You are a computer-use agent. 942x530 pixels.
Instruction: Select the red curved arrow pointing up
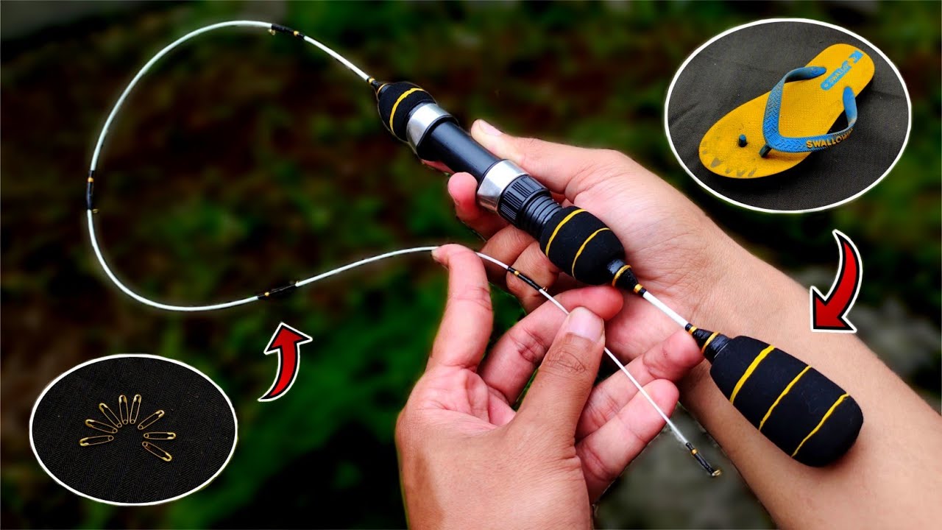click(285, 361)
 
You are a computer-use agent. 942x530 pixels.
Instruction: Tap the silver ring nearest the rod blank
click(428, 121)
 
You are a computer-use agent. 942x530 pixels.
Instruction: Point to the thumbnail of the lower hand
click(586, 325)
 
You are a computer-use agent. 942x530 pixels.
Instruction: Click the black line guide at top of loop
click(286, 31)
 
